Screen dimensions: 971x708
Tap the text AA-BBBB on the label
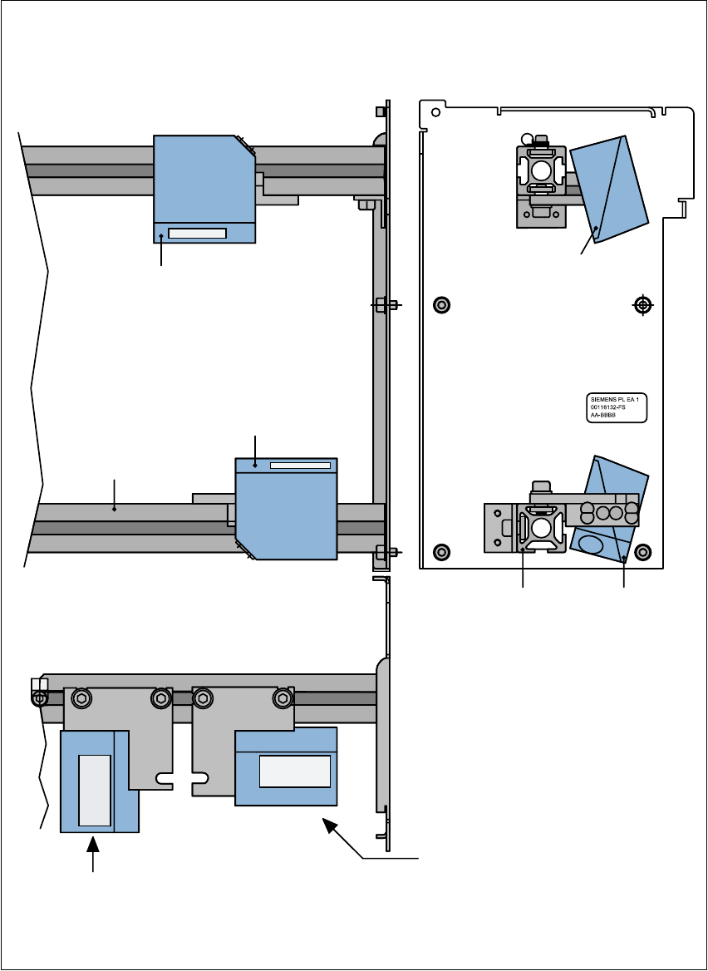point(605,414)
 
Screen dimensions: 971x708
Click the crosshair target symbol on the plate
point(642,305)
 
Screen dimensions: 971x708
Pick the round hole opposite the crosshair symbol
point(442,305)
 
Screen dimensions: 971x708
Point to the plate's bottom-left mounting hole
point(442,550)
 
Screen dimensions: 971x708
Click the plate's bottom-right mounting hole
point(642,550)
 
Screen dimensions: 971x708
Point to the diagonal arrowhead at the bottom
point(330,824)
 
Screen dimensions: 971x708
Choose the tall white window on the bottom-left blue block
point(94,791)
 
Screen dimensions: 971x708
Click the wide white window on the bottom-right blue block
point(294,771)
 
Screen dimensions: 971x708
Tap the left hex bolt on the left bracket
point(81,698)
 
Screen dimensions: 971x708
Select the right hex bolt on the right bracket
point(283,698)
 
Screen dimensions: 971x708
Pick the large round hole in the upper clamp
point(541,170)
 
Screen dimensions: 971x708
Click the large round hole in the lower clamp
point(541,527)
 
